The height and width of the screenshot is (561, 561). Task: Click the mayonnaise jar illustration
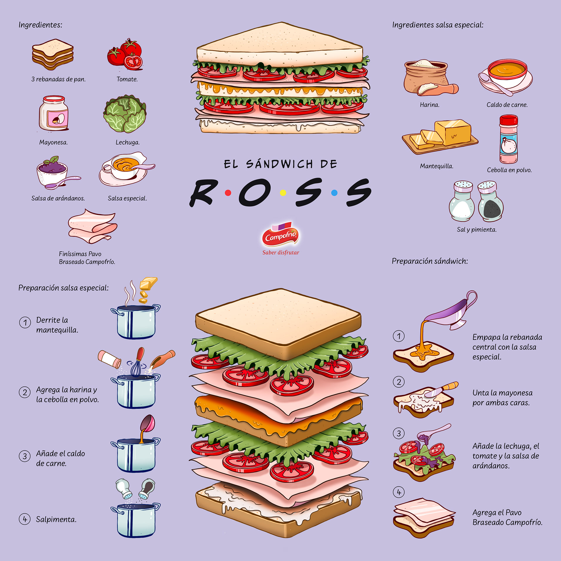click(x=54, y=113)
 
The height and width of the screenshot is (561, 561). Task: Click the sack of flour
click(x=426, y=77)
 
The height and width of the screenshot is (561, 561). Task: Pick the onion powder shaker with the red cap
click(x=508, y=139)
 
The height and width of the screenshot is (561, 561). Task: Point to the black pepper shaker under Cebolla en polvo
click(x=491, y=202)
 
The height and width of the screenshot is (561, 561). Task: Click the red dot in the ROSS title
click(x=228, y=193)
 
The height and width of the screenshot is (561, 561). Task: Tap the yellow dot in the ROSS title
click(x=283, y=193)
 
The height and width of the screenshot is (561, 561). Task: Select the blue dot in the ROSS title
click(x=335, y=193)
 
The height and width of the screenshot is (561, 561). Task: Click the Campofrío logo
click(x=280, y=235)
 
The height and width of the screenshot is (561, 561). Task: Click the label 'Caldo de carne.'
click(x=507, y=105)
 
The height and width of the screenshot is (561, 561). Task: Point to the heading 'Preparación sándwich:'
click(x=430, y=261)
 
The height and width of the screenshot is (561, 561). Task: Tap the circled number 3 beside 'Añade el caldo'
click(x=25, y=456)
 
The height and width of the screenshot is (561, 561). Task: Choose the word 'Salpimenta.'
click(x=56, y=520)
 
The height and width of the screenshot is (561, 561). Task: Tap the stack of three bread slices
click(x=53, y=54)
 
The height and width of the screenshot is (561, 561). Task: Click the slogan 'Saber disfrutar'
click(x=280, y=253)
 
